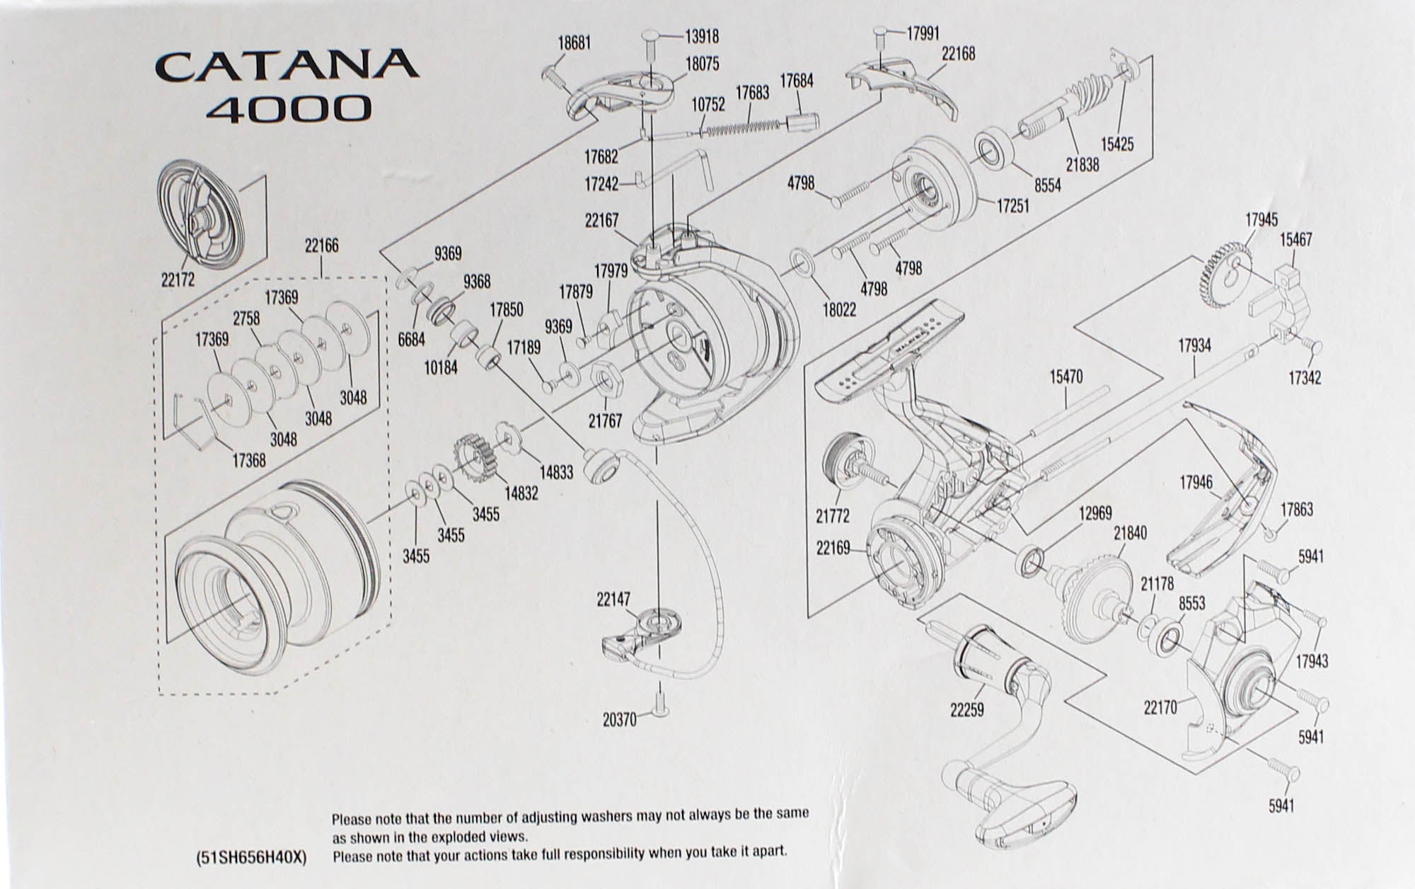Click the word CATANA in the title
[x=287, y=65]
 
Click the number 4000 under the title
[x=292, y=109]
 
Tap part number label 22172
[x=178, y=280]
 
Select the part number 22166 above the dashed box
[x=321, y=246]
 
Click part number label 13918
[x=702, y=35]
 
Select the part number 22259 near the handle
[x=966, y=709]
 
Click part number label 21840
[x=1130, y=532]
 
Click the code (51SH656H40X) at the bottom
[x=250, y=857]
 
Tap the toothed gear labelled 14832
[x=472, y=455]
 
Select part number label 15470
[x=1065, y=377]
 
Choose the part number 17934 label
[x=1194, y=345]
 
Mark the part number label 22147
[x=613, y=600]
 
